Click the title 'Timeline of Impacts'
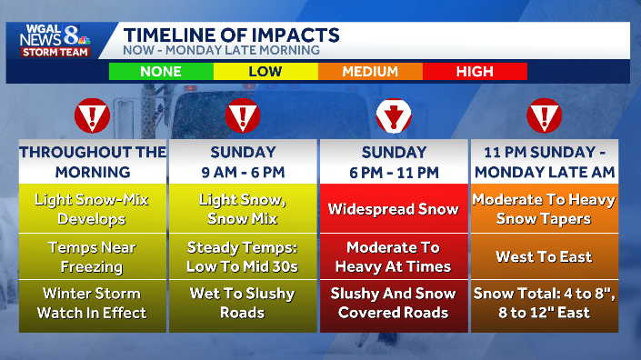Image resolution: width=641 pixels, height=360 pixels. [x=231, y=35]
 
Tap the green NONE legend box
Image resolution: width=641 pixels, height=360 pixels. [x=161, y=71]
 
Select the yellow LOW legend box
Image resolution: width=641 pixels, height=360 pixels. [x=265, y=71]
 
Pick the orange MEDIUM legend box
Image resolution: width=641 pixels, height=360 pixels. [x=370, y=71]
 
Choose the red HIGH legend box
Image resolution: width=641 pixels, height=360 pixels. [x=475, y=71]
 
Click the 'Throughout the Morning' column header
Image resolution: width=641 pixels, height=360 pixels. [x=93, y=162]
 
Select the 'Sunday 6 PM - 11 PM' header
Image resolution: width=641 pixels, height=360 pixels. [x=393, y=162]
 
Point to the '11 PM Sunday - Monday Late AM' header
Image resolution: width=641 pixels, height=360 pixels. [x=543, y=162]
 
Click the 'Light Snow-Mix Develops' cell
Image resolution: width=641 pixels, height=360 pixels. [x=93, y=209]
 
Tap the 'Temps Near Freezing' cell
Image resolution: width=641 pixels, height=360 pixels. [x=93, y=256]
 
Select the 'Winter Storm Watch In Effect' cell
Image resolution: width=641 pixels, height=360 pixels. [x=93, y=304]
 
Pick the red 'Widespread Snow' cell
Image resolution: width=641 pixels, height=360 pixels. [x=393, y=209]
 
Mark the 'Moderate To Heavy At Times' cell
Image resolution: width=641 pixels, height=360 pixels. [x=393, y=256]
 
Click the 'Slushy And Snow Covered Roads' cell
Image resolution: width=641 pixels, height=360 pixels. [x=393, y=304]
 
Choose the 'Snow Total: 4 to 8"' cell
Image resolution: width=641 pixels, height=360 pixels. [x=543, y=304]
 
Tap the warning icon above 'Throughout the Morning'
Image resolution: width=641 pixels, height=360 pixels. [x=92, y=116]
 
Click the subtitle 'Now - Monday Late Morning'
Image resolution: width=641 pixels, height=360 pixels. [x=222, y=50]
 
